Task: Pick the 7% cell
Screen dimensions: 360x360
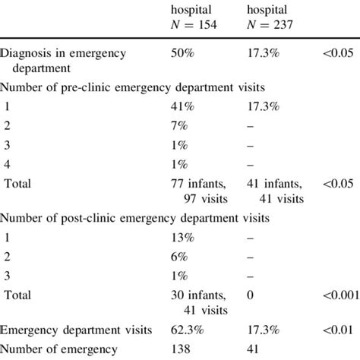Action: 182,127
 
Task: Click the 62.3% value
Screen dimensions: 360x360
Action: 191,330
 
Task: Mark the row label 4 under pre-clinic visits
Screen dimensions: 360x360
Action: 8,164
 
